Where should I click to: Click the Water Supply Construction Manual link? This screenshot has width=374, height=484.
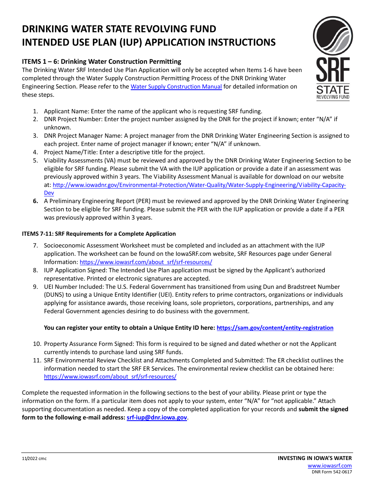pos(176,87)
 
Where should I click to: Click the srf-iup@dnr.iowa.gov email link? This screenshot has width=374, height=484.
pos(157,417)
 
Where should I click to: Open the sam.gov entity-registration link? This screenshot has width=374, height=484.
pos(275,328)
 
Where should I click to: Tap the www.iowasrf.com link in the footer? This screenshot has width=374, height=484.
pos(330,466)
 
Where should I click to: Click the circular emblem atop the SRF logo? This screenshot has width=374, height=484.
pos(333,36)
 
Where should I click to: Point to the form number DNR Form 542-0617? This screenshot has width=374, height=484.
pos(332,472)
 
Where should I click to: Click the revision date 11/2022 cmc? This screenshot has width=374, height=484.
pos(34,459)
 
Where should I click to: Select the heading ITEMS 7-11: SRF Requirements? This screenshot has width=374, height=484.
pos(99,234)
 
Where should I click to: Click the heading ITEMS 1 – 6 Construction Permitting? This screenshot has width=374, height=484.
pos(102,61)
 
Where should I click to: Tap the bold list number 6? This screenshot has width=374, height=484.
pos(35,201)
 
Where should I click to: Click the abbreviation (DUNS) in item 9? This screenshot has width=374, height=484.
pos(55,295)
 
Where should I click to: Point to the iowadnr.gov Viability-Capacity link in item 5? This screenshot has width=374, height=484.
pos(199,185)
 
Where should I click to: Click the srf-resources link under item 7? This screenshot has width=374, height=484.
pos(146,262)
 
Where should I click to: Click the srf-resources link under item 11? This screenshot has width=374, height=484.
pos(110,377)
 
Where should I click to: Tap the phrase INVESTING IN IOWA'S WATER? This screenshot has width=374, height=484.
pos(315,458)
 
